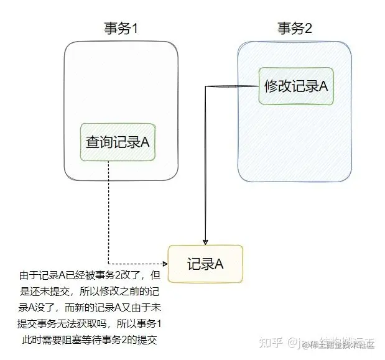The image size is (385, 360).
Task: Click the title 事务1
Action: [x=121, y=28]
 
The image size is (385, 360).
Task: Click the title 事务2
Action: [x=295, y=28]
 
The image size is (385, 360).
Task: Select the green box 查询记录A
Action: [x=118, y=142]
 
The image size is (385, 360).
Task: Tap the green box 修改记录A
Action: [x=296, y=87]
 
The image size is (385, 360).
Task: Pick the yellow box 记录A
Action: [x=205, y=264]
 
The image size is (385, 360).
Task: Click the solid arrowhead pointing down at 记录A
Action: [x=205, y=242]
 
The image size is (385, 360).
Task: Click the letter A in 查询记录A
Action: [x=145, y=142]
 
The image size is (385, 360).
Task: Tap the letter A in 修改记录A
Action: [x=323, y=87]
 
